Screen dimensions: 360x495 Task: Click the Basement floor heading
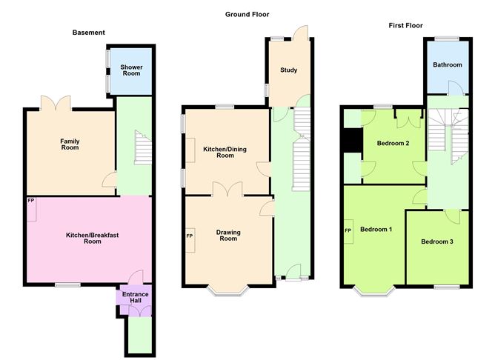click(88, 33)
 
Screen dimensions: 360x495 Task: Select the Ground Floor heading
click(247, 14)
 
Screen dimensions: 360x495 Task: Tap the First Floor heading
click(407, 25)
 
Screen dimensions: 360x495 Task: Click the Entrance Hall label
click(135, 298)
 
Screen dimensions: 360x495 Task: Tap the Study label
click(288, 70)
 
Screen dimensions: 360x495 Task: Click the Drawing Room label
click(228, 235)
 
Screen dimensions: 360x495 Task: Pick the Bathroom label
click(447, 65)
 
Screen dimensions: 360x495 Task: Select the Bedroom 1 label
click(376, 229)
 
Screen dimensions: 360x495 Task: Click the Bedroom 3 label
click(437, 241)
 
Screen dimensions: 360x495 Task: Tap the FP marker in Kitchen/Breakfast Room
click(32, 201)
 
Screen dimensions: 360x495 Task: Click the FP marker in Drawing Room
click(190, 236)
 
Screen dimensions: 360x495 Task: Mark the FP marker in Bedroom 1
click(348, 230)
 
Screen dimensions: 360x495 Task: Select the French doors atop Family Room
click(59, 104)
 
